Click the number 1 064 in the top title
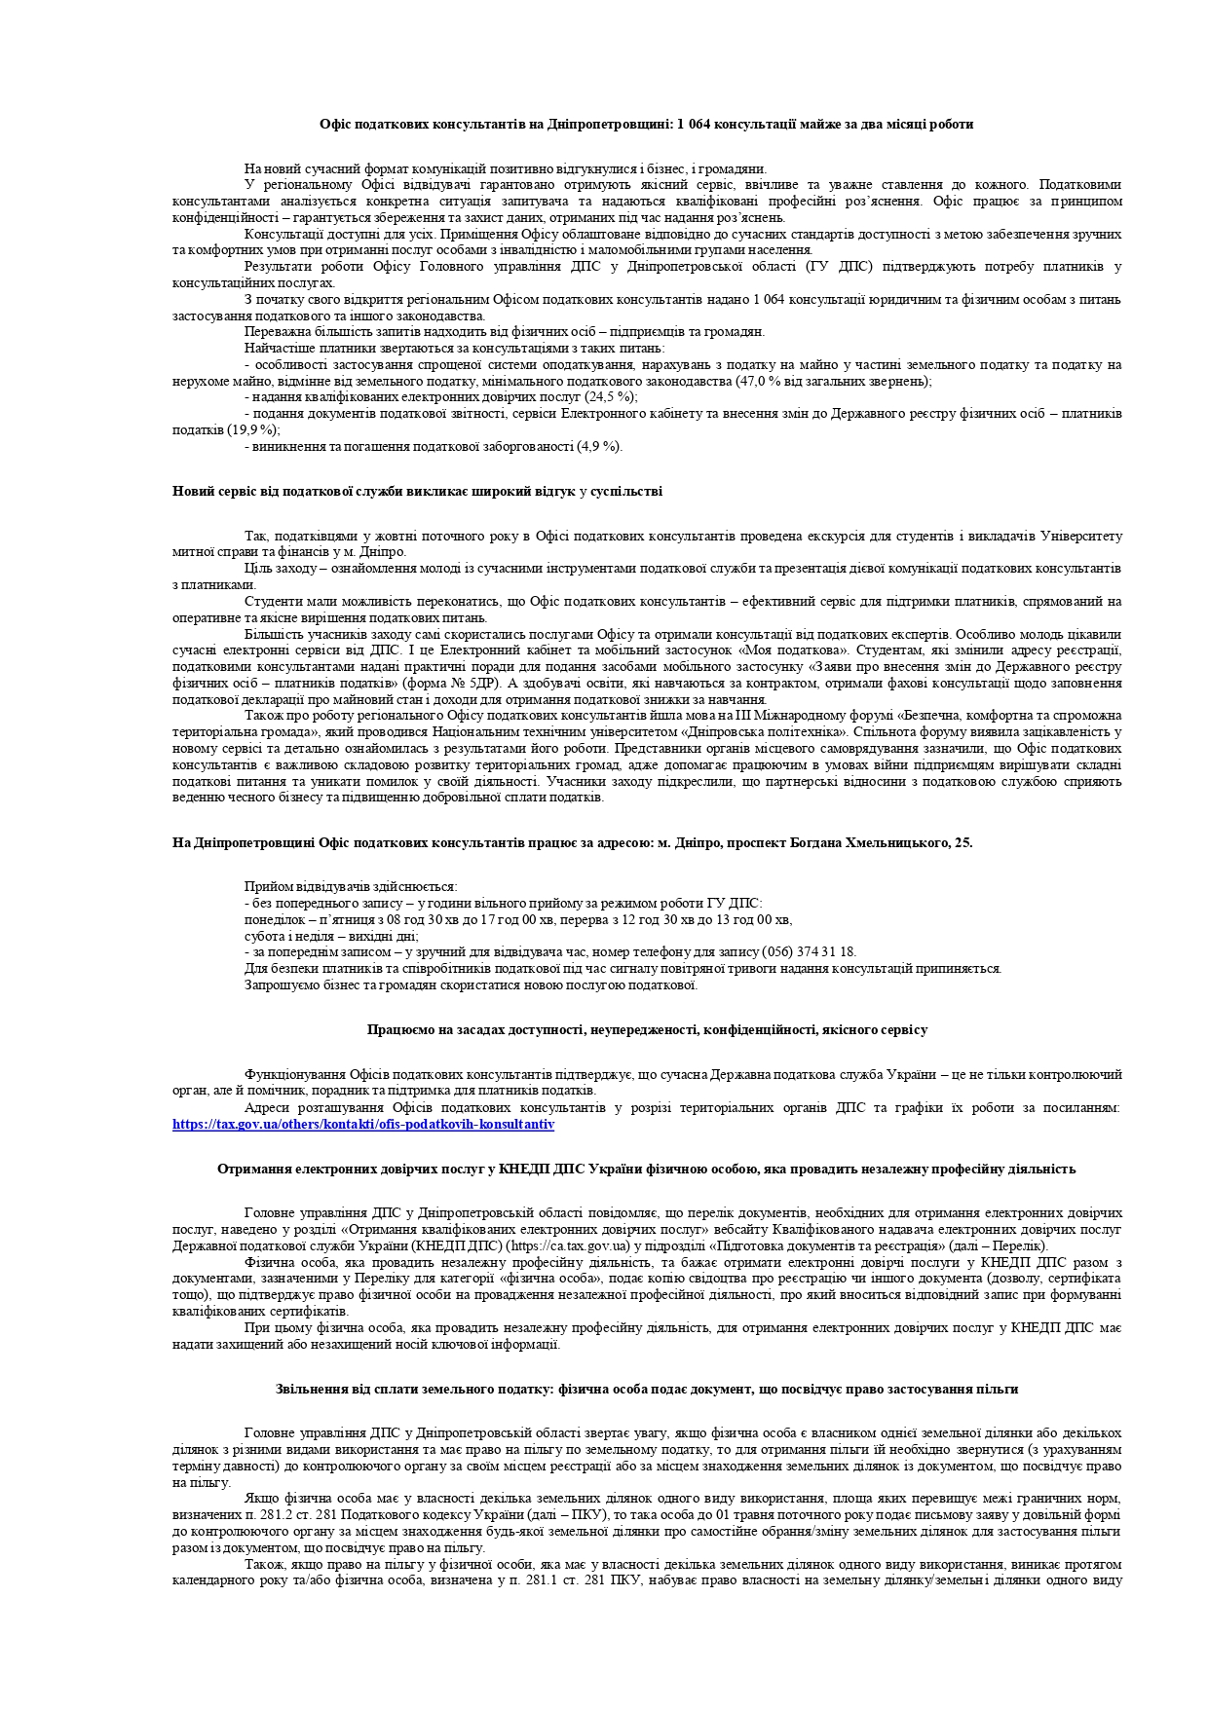pos(692,124)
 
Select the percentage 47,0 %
pos(753,381)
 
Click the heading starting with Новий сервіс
pos(417,492)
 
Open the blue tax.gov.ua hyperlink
pos(363,1124)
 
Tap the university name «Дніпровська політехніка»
pos(775,731)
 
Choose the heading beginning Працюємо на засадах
pos(647,1029)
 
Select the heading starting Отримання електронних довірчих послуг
pos(646,1169)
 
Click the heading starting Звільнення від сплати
pos(646,1389)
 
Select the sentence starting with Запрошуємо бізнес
pos(471,985)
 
